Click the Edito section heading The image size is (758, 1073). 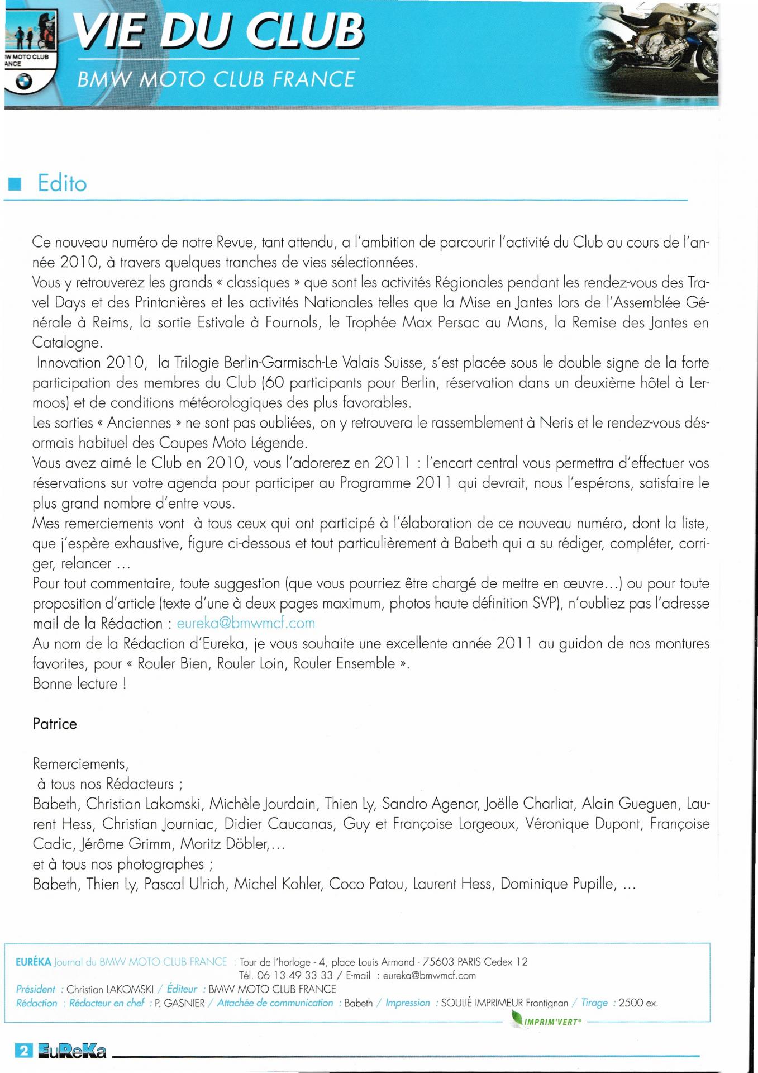(x=62, y=183)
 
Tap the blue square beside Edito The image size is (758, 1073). (x=16, y=184)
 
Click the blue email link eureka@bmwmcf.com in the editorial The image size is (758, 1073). (x=246, y=623)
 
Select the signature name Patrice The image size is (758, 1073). (x=55, y=724)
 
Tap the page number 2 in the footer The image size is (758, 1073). (x=24, y=1050)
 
